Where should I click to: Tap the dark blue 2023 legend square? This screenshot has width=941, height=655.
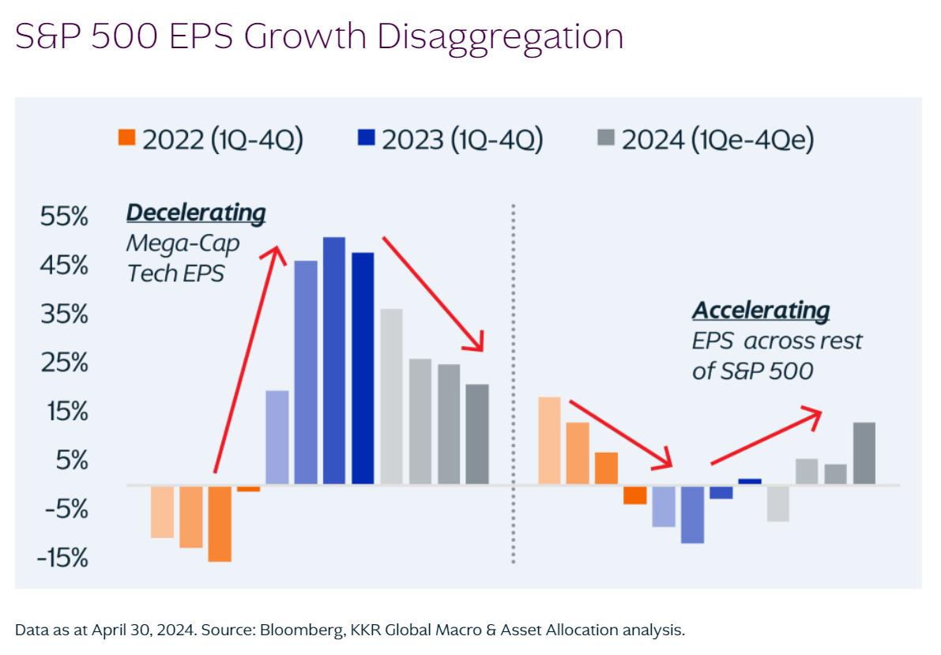tap(366, 138)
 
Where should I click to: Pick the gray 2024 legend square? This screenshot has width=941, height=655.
tap(606, 138)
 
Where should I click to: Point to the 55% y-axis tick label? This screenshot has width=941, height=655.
tap(65, 216)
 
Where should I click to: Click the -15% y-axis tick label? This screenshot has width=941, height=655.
tap(62, 559)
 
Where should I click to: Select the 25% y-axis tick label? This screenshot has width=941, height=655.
tap(65, 363)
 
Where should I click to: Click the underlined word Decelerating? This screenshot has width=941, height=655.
tap(196, 213)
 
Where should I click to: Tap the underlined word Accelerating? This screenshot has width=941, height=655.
tap(761, 311)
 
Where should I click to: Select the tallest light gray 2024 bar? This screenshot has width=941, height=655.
tap(391, 396)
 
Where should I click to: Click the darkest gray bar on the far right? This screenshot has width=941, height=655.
tap(864, 453)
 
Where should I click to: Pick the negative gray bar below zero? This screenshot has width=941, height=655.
tap(778, 503)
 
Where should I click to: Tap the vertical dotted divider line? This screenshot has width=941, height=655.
tap(513, 379)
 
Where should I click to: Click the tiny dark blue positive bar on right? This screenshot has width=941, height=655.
tap(750, 481)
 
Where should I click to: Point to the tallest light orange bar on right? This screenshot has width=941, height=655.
tap(548, 440)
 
